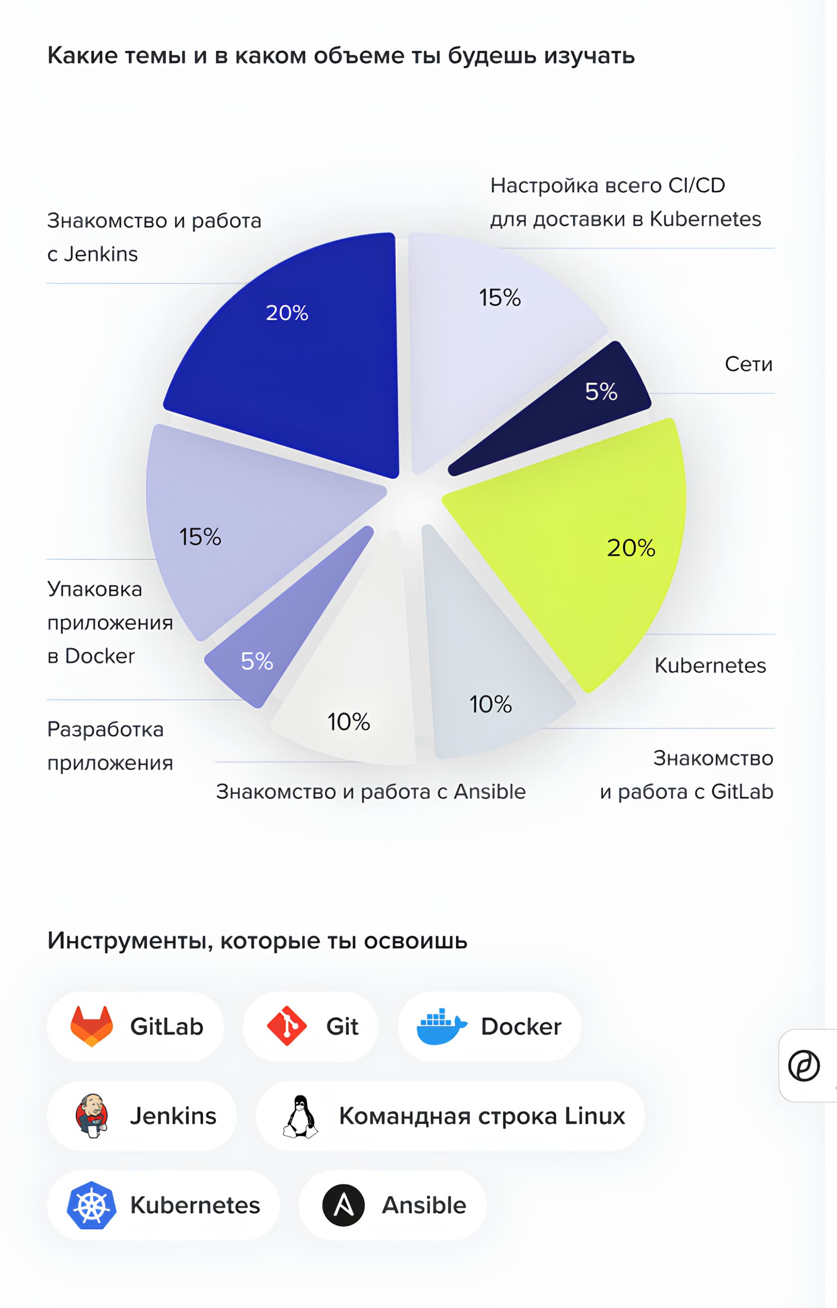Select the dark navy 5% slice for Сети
[576, 413]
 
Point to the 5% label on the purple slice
[257, 661]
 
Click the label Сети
[748, 364]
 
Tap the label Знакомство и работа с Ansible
[371, 792]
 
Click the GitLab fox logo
[91, 1026]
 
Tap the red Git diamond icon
[286, 1026]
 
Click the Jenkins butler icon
[91, 1115]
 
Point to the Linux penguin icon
[300, 1116]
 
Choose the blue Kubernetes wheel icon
[91, 1205]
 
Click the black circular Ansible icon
[343, 1205]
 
